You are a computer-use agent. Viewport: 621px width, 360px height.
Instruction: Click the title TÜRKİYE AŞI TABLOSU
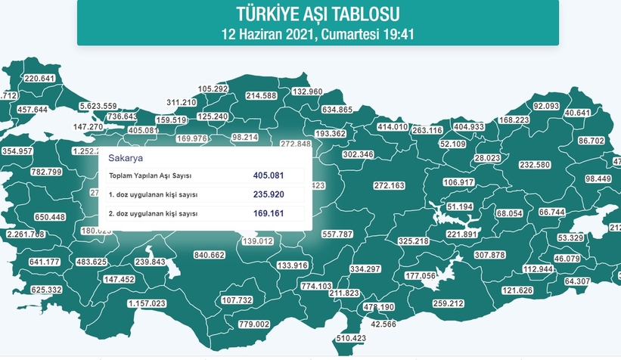pyautogui.click(x=318, y=14)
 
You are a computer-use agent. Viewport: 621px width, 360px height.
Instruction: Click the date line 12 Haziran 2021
pyautogui.click(x=318, y=34)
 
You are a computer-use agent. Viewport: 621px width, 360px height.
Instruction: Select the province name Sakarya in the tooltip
pyautogui.click(x=126, y=160)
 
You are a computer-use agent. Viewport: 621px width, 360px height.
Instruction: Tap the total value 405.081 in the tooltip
pyautogui.click(x=270, y=175)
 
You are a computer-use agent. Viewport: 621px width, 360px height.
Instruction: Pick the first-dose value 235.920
pyautogui.click(x=270, y=194)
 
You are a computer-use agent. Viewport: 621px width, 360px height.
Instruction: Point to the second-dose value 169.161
pyautogui.click(x=270, y=213)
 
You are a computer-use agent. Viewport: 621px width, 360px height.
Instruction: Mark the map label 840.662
pyautogui.click(x=210, y=256)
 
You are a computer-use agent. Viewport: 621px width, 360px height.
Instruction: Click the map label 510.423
pyautogui.click(x=350, y=338)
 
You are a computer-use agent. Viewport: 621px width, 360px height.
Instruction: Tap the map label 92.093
pyautogui.click(x=550, y=106)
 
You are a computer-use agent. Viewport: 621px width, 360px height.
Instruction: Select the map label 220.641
pyautogui.click(x=41, y=79)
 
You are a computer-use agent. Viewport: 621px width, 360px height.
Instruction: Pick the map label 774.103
pyautogui.click(x=316, y=286)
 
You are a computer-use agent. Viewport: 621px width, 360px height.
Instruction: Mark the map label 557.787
pyautogui.click(x=337, y=234)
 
